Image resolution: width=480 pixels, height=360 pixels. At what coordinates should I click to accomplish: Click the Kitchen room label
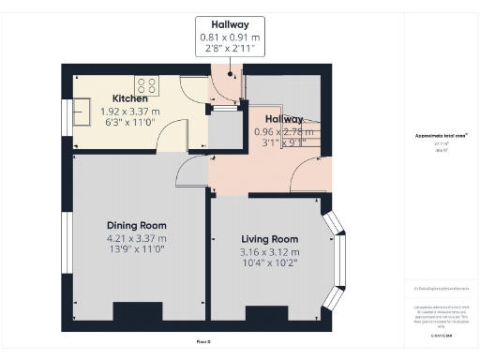pos(130,98)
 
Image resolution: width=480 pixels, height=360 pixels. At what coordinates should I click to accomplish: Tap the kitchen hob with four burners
pos(148,82)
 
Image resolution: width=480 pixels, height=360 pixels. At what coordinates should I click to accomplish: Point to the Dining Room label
pos(136,225)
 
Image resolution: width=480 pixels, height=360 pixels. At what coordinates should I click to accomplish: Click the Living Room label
pos(269,239)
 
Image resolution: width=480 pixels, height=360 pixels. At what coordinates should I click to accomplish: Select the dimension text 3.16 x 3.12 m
pos(269,251)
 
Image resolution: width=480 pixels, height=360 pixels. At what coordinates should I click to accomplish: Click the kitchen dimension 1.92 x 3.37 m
pos(130,111)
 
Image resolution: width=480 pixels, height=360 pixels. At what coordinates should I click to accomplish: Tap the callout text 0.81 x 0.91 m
pos(230,37)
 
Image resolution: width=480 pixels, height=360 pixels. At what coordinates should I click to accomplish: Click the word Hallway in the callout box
pos(230,24)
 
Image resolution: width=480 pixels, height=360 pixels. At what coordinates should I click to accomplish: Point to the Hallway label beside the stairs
pos(283,119)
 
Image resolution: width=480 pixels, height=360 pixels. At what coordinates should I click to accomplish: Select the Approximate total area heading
pos(440,136)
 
